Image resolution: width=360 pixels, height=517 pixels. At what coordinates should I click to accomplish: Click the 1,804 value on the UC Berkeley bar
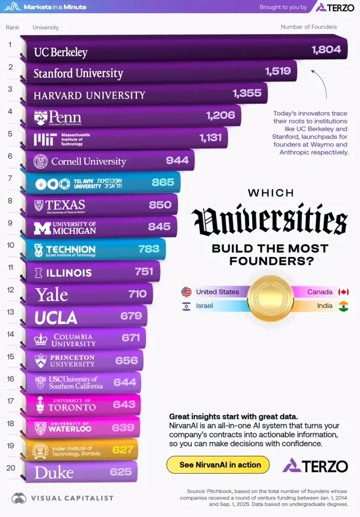(326, 49)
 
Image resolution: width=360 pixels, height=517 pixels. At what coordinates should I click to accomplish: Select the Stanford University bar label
(78, 73)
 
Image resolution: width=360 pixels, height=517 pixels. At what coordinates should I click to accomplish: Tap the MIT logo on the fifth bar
(41, 139)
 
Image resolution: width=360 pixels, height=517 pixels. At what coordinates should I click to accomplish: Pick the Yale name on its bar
(51, 294)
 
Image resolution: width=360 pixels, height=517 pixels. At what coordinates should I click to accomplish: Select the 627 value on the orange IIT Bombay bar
(123, 450)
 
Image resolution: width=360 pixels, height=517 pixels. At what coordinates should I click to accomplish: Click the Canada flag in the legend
(343, 292)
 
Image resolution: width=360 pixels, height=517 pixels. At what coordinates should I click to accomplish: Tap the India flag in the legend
(343, 307)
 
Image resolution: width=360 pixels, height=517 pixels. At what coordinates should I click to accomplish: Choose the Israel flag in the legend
(186, 307)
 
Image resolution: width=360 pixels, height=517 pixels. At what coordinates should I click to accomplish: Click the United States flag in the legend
(186, 292)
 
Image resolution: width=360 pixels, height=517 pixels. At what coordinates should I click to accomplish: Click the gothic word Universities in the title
(269, 221)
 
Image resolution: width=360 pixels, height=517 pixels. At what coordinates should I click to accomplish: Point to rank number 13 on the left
(10, 312)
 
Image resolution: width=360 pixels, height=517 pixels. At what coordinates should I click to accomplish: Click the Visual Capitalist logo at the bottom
(49, 498)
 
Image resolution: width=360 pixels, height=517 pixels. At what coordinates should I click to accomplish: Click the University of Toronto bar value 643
(124, 405)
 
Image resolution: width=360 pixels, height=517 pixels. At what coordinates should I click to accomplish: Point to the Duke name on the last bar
(53, 472)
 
